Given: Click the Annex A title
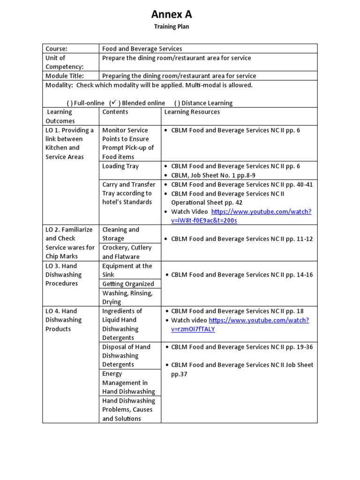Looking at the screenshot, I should [171, 14].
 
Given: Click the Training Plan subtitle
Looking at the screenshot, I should [172, 27].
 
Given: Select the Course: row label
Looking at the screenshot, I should [56, 49].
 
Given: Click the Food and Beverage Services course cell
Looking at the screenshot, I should [142, 49].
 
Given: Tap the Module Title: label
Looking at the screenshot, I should [65, 76].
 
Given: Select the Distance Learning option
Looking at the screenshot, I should [203, 103].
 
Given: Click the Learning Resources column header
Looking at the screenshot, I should [192, 112].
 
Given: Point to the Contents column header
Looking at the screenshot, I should [115, 112].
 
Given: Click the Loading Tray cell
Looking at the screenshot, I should [120, 166].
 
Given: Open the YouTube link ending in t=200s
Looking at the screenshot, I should [261, 216].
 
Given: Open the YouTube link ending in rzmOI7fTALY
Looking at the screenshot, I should [259, 324].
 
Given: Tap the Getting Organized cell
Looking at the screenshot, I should [128, 284].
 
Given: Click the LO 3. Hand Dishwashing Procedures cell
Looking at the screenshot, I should [63, 275].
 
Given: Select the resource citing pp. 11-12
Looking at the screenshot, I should [242, 239].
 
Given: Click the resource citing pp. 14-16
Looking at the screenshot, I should [242, 275].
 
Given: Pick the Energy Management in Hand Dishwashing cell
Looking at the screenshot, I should [128, 382].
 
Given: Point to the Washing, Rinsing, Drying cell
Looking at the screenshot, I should [127, 298].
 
